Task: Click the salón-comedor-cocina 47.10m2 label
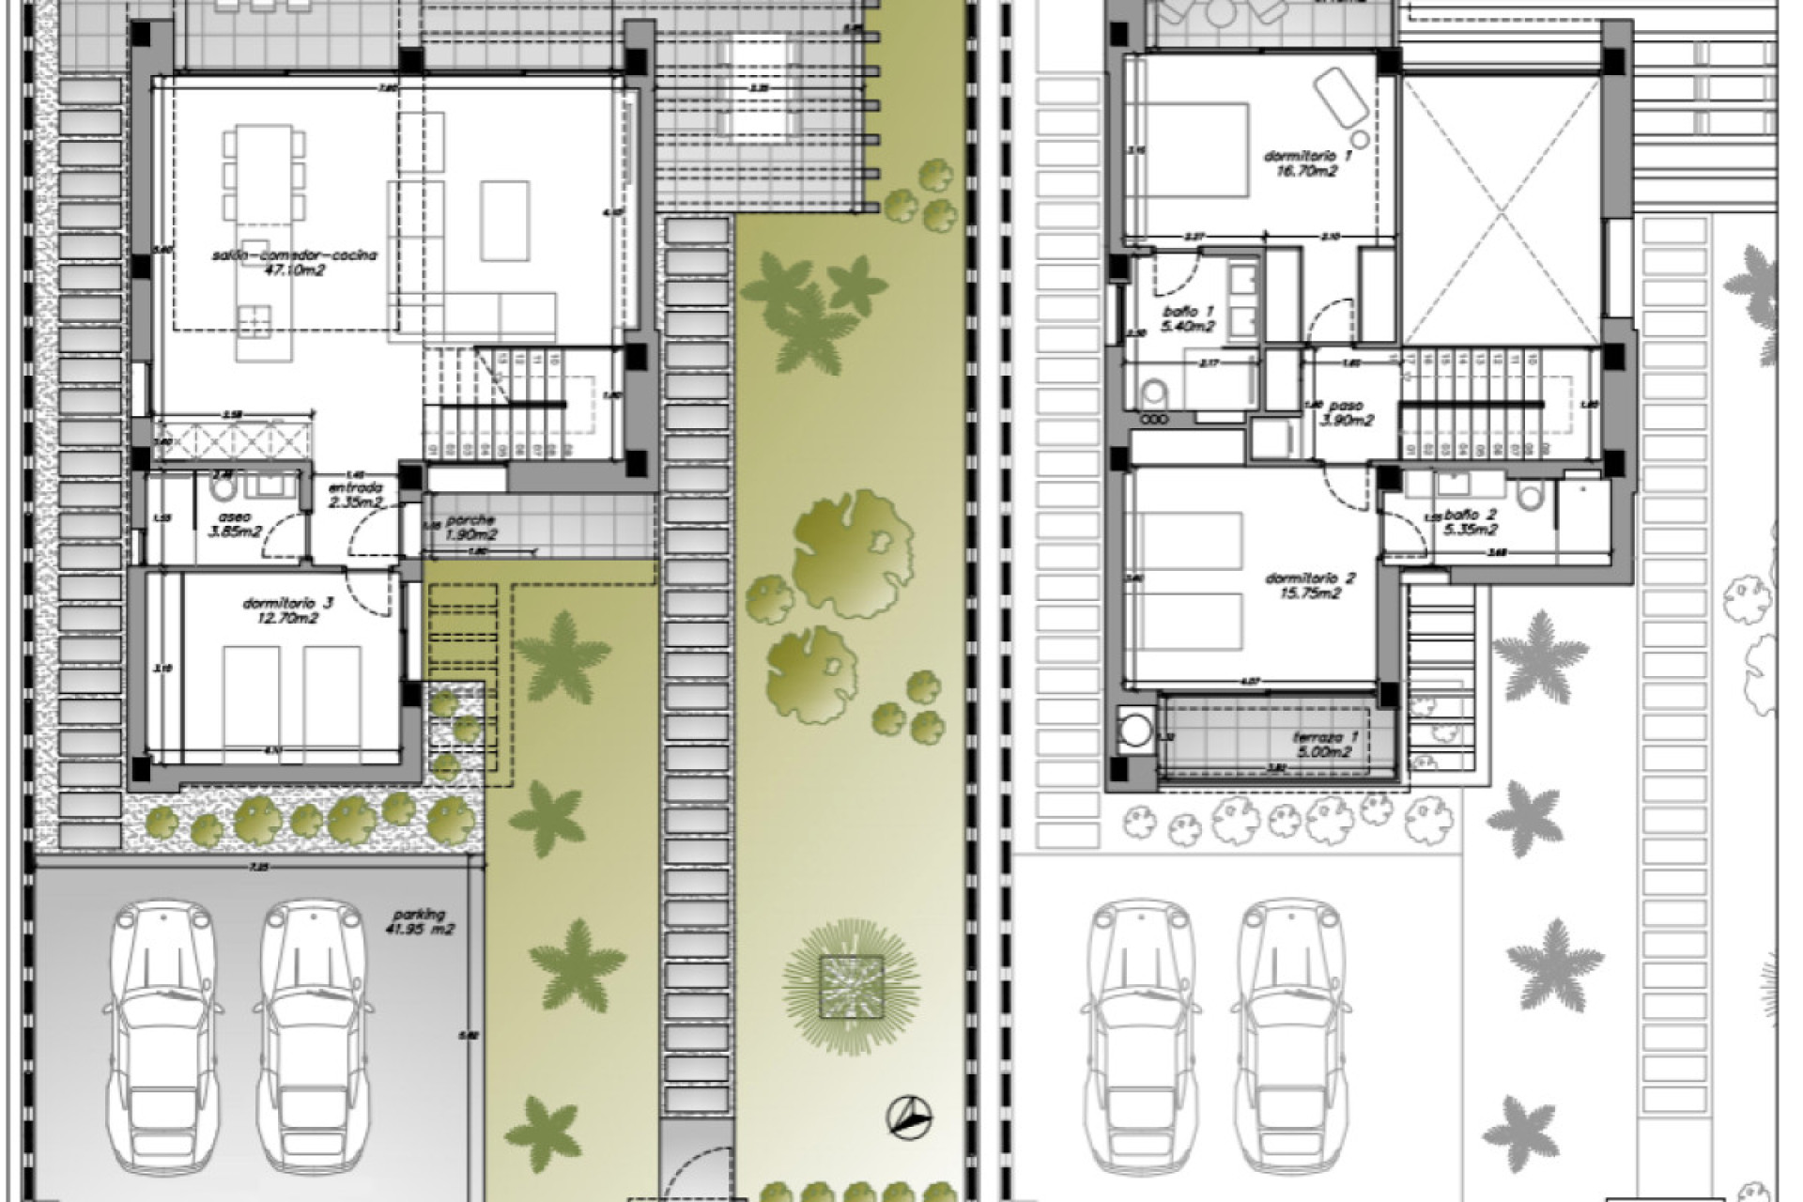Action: click(x=294, y=262)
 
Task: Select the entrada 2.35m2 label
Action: click(x=355, y=495)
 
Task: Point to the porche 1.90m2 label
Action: click(x=470, y=528)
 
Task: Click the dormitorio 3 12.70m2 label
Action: click(x=287, y=611)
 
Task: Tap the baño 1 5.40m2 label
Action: click(x=1188, y=319)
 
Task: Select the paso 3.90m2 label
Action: click(x=1347, y=413)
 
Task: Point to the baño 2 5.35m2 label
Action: click(x=1471, y=522)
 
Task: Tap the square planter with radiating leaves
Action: click(x=851, y=986)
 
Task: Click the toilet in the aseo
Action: click(x=223, y=488)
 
